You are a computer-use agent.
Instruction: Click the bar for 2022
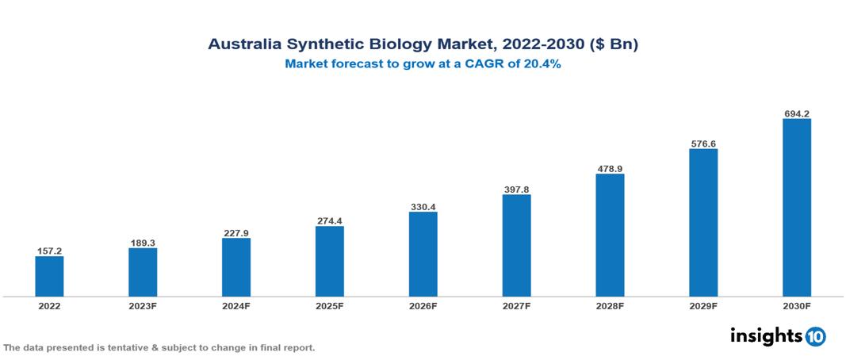[x=49, y=276]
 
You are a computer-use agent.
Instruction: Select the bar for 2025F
[x=329, y=261]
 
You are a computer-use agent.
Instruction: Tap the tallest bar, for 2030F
[x=796, y=208]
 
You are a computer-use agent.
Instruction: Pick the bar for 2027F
[x=516, y=245]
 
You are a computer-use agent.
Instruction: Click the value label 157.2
[x=49, y=251]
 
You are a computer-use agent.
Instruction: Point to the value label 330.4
[x=423, y=206]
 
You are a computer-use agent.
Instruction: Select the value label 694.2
[x=796, y=113]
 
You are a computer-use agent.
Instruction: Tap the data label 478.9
[x=610, y=168]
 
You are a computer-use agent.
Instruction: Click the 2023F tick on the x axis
[x=143, y=306]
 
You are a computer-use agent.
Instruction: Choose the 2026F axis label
[x=423, y=306]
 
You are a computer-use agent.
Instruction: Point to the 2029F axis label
[x=703, y=306]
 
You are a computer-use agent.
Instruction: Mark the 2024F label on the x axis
[x=236, y=306]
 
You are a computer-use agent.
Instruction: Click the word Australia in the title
[x=239, y=44]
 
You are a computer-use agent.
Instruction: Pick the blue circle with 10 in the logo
[x=816, y=336]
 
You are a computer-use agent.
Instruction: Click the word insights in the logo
[x=766, y=335]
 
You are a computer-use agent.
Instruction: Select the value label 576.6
[x=703, y=144]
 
